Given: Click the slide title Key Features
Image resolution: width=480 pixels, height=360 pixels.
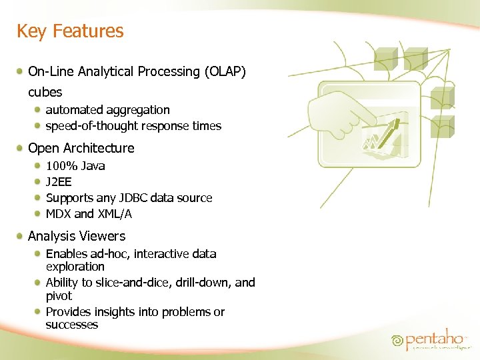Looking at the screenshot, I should coord(70,31).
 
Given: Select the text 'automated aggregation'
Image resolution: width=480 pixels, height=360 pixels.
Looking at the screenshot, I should coord(107,110).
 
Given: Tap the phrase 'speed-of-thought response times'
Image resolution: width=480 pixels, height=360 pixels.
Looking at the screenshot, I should coord(133,126).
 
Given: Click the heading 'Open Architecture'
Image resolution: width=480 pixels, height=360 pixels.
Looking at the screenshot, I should coord(81,148).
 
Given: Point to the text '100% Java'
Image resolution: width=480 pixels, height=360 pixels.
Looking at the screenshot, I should coord(75,166).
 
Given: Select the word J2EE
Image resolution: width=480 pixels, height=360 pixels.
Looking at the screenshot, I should coord(59,182).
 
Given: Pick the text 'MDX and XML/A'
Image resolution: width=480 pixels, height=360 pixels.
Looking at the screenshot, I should coord(89,214).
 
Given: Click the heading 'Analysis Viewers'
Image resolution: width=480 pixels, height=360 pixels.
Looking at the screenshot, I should coord(76,236).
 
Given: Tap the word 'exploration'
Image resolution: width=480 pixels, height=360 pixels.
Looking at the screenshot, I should coord(75,267).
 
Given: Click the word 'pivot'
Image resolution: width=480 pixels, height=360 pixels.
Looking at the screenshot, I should coord(59,296).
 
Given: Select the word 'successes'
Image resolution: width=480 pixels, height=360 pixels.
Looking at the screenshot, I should coord(71,325).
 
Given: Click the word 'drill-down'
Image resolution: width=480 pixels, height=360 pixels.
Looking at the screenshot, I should coord(198,283).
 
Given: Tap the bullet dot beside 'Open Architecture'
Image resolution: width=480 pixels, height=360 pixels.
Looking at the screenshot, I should coord(22,148).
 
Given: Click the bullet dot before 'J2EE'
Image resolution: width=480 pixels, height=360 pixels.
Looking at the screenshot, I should coord(39,182).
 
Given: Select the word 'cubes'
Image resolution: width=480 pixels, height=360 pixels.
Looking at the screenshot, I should coord(45,92).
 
